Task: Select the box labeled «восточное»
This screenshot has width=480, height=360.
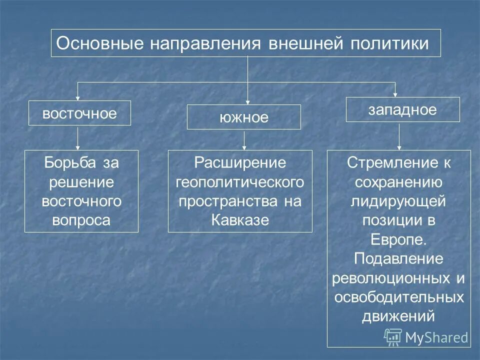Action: click(79, 113)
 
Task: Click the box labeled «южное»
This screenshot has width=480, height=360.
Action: click(243, 117)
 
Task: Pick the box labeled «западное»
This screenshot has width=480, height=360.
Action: click(402, 109)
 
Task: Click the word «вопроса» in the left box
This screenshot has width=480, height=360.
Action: click(81, 220)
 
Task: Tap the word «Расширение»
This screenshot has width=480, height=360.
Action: click(240, 162)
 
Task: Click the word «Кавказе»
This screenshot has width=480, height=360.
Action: click(240, 220)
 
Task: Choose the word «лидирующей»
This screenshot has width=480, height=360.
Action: click(398, 201)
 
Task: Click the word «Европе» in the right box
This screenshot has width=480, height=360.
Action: click(397, 239)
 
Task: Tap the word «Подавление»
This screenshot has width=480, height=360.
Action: click(398, 258)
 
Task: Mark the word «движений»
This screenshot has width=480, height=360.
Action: click(398, 316)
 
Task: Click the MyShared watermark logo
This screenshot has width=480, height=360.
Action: click(426, 337)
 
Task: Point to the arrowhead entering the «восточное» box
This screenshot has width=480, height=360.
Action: click(77, 98)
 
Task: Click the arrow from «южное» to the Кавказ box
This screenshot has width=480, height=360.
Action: click(244, 139)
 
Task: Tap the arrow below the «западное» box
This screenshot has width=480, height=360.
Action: click(399, 136)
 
